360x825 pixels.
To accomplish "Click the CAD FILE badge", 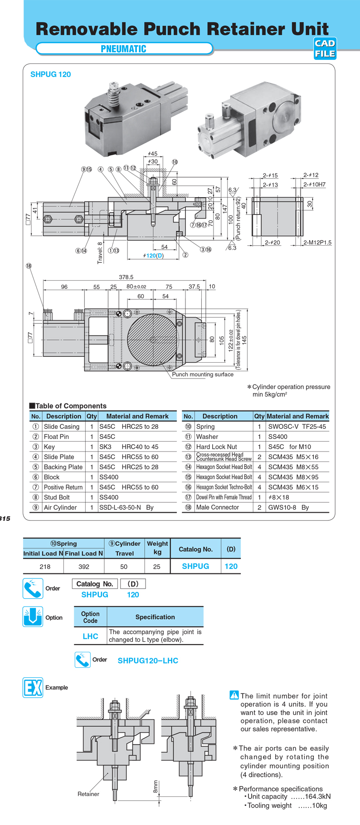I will pyautogui.click(x=325, y=49).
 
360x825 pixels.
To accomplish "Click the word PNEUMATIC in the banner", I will pyautogui.click(x=123, y=49).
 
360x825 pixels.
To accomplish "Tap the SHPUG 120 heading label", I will pyautogui.click(x=50, y=74).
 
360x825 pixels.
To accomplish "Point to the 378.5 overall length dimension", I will pyautogui.click(x=126, y=277).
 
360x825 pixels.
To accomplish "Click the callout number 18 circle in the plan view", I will pyautogui.click(x=29, y=266).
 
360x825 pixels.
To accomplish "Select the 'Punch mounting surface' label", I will pyautogui.click(x=203, y=374).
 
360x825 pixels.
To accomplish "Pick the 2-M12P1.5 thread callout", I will pyautogui.click(x=317, y=243).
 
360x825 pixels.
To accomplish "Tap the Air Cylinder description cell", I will pyautogui.click(x=60, y=507).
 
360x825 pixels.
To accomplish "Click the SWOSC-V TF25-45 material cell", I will pyautogui.click(x=297, y=427).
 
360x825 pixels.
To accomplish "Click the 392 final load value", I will pyautogui.click(x=84, y=566).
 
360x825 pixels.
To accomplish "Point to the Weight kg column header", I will pyautogui.click(x=157, y=548).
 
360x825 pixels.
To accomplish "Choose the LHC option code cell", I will pyautogui.click(x=90, y=636).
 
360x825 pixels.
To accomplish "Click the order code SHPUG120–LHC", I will pyautogui.click(x=148, y=660).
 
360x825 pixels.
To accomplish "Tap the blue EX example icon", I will pyautogui.click(x=33, y=687).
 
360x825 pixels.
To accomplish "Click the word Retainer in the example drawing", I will pyautogui.click(x=88, y=794).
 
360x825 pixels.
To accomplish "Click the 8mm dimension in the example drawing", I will pyautogui.click(x=156, y=786).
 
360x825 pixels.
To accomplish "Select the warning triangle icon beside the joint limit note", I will pyautogui.click(x=234, y=694).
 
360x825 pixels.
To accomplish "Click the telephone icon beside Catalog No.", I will pyautogui.click(x=33, y=588).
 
